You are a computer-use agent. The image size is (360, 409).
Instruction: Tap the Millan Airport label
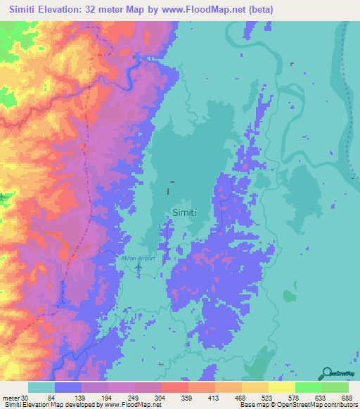137,259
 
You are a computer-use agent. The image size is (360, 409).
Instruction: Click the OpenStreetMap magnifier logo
326,373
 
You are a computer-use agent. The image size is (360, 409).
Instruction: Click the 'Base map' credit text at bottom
250,405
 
